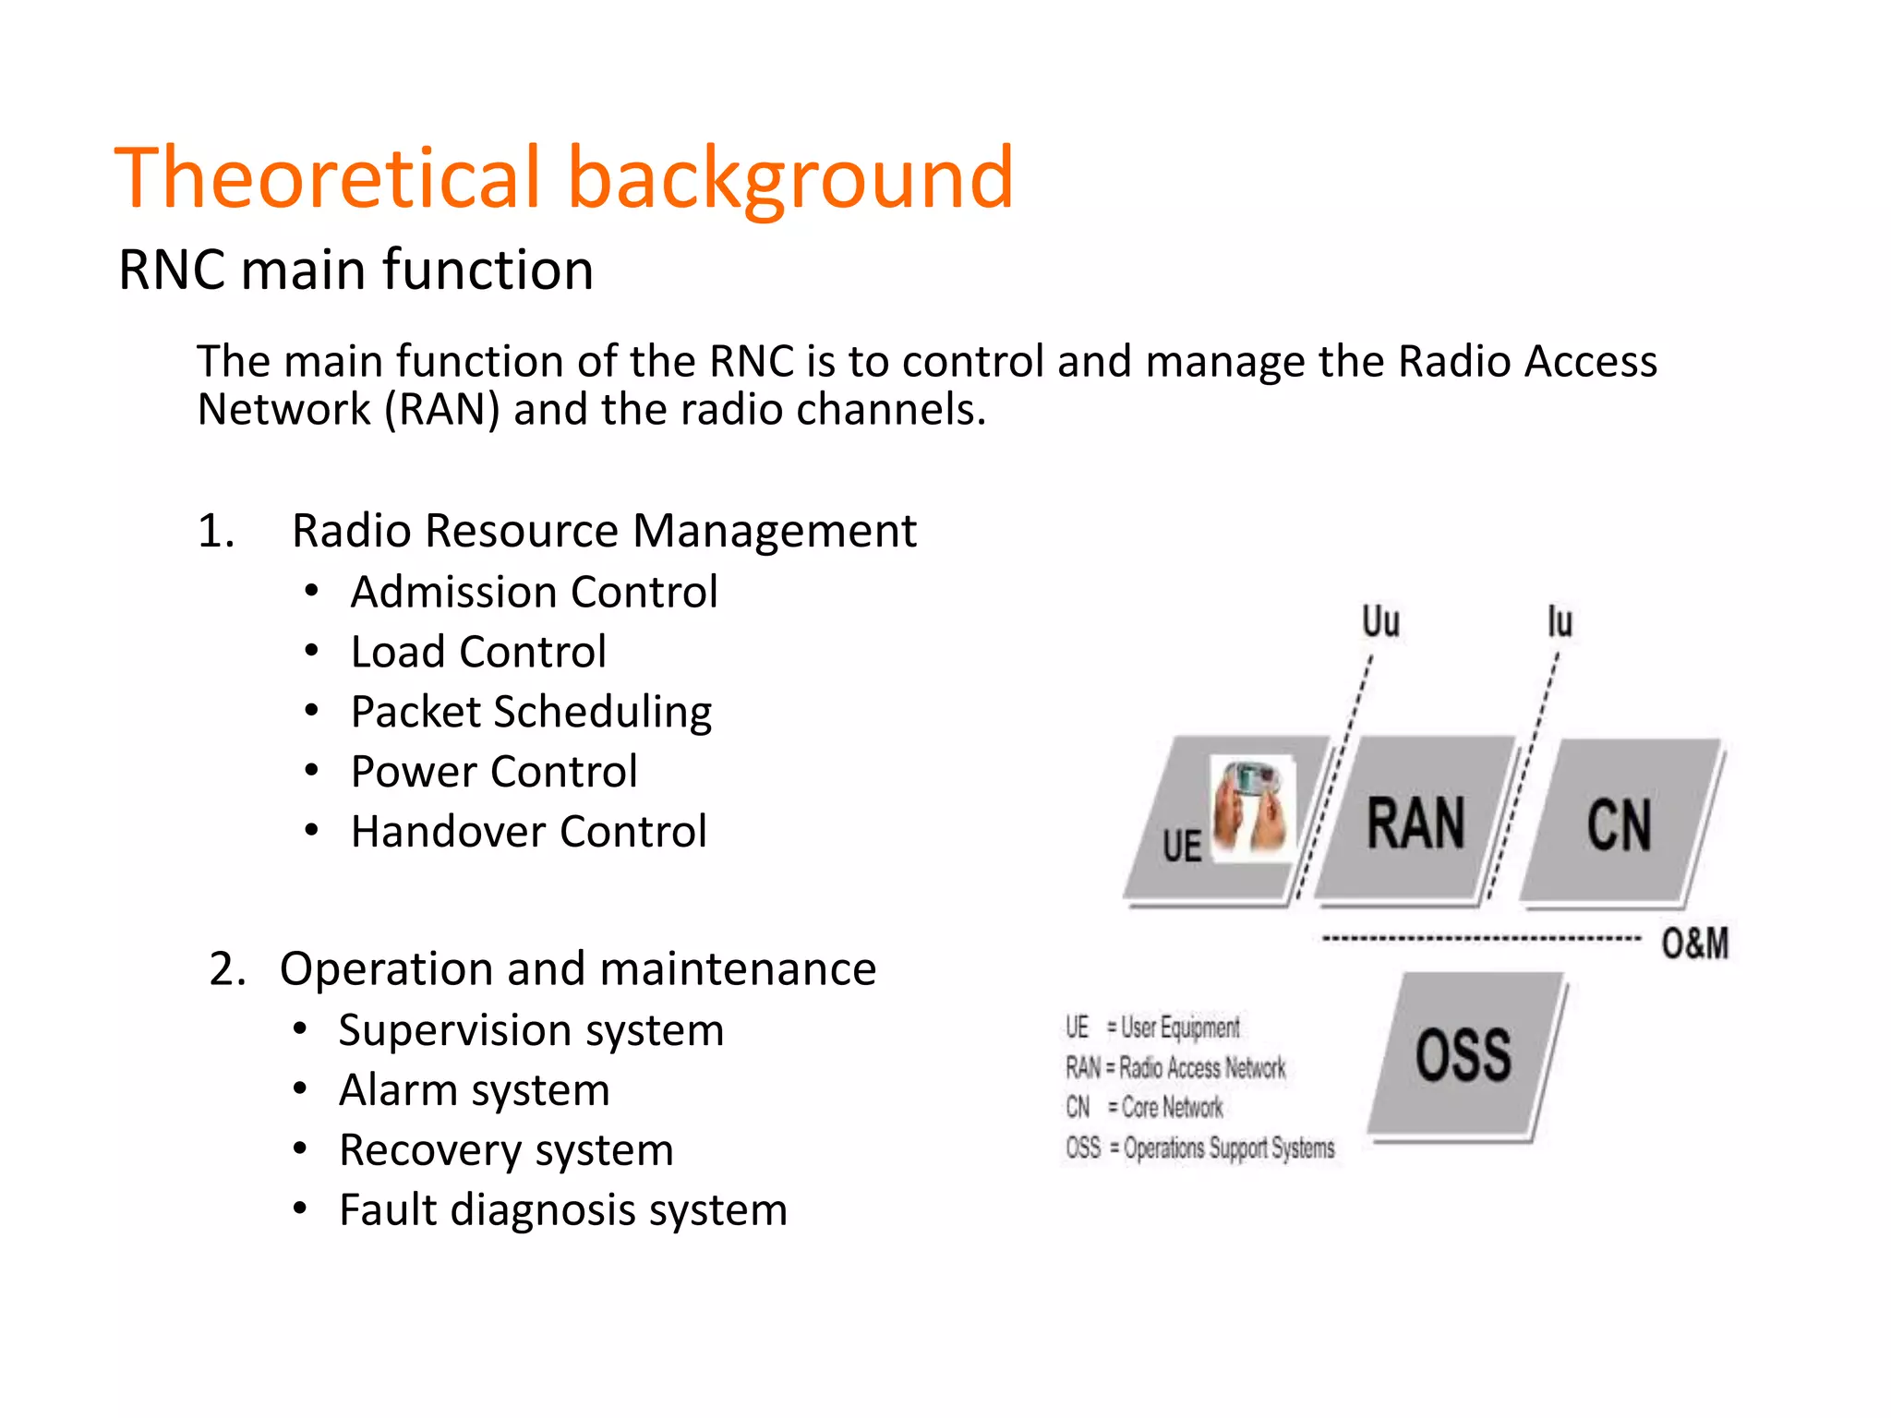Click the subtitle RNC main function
tap(355, 270)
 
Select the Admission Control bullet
tap(534, 592)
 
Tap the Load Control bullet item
tap(478, 652)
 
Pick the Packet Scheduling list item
tap(531, 712)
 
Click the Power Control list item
tap(494, 772)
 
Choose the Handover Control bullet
tap(528, 832)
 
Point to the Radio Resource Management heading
tap(604, 531)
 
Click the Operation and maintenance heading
tap(577, 969)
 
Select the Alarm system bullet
tap(474, 1090)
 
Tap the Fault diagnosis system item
tap(562, 1210)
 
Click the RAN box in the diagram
tap(1415, 823)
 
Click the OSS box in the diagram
tap(1463, 1055)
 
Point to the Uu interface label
tap(1380, 621)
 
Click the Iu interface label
tap(1560, 621)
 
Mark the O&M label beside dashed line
tap(1694, 943)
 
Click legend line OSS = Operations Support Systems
tap(1199, 1148)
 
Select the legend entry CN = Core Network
tap(1144, 1107)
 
